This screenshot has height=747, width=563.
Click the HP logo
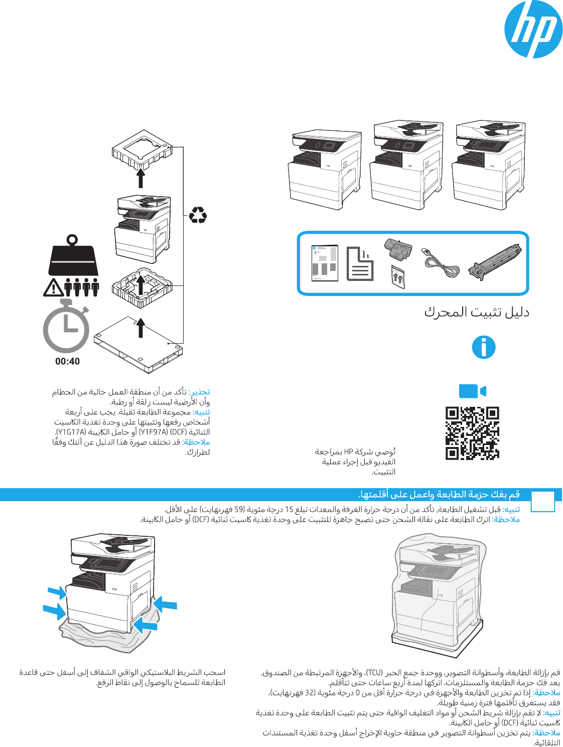coord(533,30)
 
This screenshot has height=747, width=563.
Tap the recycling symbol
coord(198,215)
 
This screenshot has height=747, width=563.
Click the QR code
coord(472,433)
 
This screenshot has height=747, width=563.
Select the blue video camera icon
coord(473,391)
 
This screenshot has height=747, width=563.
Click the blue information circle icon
coord(484,347)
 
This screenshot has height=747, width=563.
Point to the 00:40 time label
coord(67,361)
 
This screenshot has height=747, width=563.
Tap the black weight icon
coord(73,256)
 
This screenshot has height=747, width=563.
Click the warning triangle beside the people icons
coord(53,287)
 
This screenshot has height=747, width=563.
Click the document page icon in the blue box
coord(360,263)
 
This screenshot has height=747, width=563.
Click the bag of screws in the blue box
coord(398,276)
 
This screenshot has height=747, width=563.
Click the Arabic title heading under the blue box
coord(477,312)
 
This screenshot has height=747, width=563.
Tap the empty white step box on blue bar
coord(542,501)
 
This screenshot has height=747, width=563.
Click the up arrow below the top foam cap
coord(141,179)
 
